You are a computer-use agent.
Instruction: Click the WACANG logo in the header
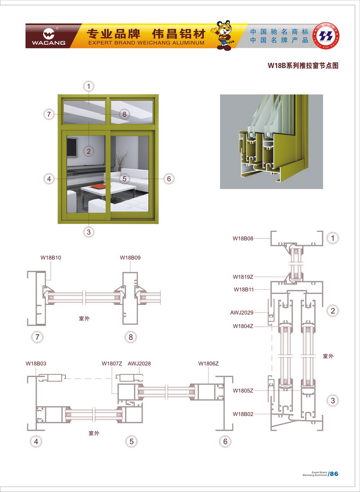click(49, 36)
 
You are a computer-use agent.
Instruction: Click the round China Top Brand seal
click(326, 36)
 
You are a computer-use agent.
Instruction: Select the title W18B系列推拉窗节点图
click(303, 66)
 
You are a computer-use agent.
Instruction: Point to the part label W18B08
click(243, 238)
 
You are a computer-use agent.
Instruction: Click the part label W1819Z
click(243, 277)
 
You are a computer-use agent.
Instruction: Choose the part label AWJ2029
click(242, 313)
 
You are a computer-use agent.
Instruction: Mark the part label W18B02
click(243, 414)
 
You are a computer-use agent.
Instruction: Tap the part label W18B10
click(51, 258)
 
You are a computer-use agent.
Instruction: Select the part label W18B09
click(130, 258)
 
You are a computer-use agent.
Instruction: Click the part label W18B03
click(36, 364)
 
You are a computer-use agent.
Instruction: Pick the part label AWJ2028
click(139, 364)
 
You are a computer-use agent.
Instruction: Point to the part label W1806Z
click(208, 364)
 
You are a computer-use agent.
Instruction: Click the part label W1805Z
click(243, 391)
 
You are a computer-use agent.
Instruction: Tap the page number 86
click(334, 474)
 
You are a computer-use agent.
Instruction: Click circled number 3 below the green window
click(89, 232)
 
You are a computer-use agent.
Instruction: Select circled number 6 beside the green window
click(168, 179)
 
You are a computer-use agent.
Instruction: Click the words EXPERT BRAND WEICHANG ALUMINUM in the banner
click(146, 43)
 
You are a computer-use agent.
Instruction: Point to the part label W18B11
click(244, 290)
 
